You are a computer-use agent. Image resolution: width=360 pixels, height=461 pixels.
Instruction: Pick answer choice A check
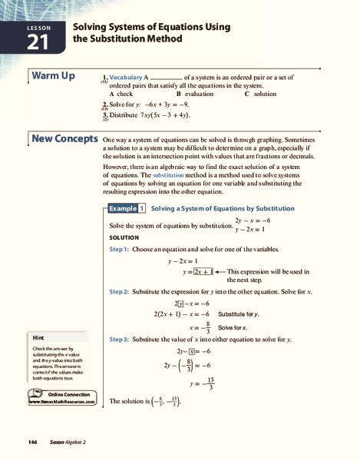121,94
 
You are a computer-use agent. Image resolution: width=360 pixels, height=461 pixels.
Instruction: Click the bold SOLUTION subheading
124,237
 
